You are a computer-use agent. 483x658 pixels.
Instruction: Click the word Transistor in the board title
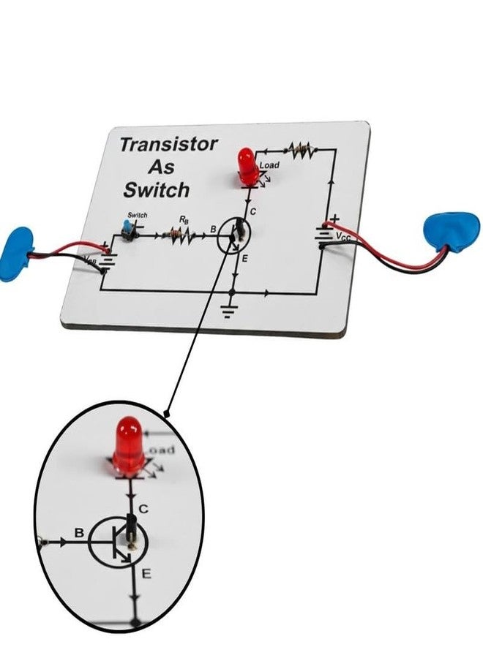point(168,144)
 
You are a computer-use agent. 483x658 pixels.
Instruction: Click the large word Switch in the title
point(156,190)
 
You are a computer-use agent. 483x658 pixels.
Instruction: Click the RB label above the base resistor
point(184,219)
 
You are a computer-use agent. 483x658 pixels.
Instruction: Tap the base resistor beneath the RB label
point(177,234)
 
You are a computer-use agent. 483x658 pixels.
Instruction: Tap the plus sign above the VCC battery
point(334,218)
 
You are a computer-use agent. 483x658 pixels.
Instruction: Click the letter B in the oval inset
point(79,533)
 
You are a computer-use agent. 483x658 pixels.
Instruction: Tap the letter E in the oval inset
point(146,575)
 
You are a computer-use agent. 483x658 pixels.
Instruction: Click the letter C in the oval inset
point(144,507)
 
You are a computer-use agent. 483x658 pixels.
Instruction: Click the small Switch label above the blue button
point(137,215)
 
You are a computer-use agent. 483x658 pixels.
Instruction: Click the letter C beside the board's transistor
point(252,212)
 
